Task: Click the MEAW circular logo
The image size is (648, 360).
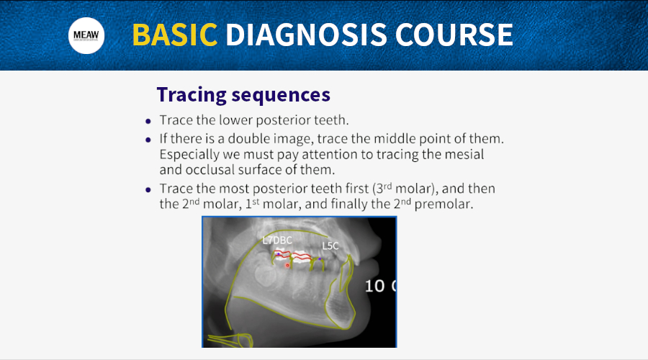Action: [86, 35]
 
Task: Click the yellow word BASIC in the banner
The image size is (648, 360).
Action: [175, 35]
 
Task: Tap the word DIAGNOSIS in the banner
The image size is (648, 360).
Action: [306, 35]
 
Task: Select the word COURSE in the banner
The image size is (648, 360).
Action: [454, 35]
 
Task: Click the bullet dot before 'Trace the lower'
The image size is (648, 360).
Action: [148, 121]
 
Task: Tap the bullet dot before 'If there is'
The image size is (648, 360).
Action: [148, 140]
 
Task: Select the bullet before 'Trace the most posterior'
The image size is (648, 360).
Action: [148, 189]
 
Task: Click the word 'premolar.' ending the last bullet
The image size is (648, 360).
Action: [444, 204]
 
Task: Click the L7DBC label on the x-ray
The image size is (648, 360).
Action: [277, 240]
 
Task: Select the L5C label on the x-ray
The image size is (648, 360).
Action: [330, 246]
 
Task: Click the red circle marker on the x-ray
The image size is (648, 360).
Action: [287, 266]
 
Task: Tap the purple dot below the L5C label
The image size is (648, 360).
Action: [320, 259]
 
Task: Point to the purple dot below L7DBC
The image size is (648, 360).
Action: [278, 253]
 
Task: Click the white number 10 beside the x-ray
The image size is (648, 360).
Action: [374, 286]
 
